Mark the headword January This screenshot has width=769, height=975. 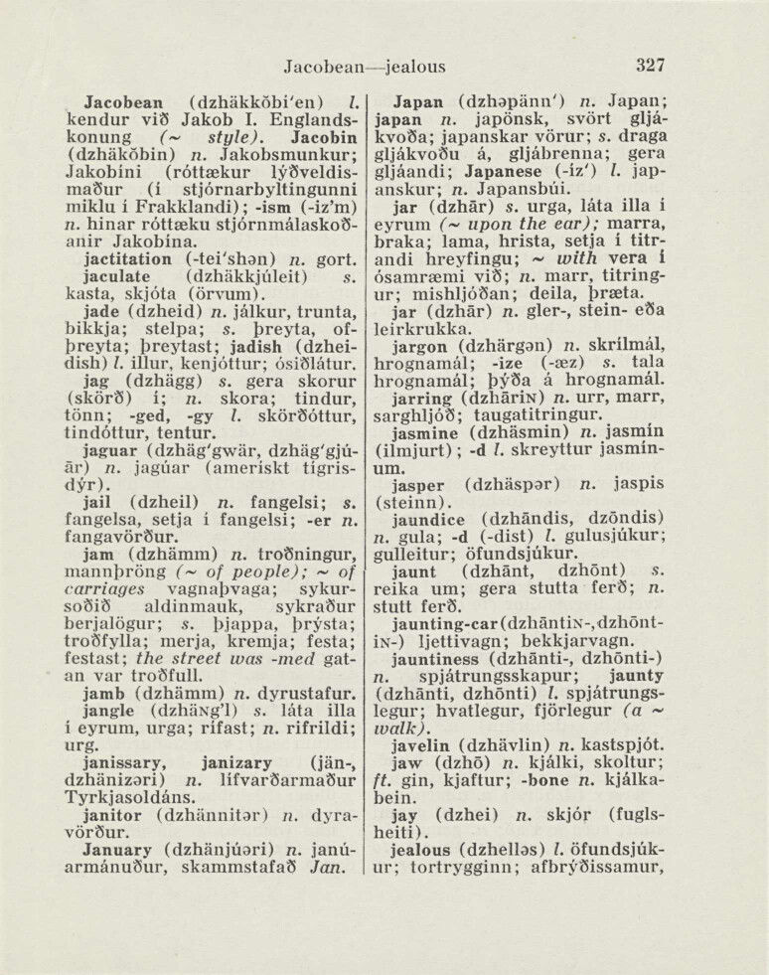(x=122, y=849)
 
